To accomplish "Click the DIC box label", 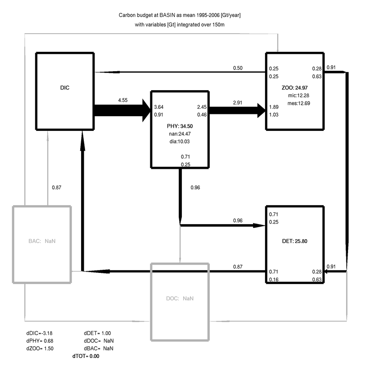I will click(x=65, y=87).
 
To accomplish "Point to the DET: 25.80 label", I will click(x=294, y=241).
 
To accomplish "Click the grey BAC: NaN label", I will click(x=41, y=241).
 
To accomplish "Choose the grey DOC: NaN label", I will click(x=180, y=298).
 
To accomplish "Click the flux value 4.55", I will click(x=123, y=101).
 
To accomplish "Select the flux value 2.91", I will click(x=238, y=102).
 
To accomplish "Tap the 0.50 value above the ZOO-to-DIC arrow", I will click(x=237, y=68).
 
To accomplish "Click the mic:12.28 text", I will click(x=298, y=95).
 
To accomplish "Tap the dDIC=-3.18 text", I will click(x=39, y=333).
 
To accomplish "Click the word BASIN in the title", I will click(x=162, y=15).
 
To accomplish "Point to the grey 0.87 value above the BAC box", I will click(x=57, y=187).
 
